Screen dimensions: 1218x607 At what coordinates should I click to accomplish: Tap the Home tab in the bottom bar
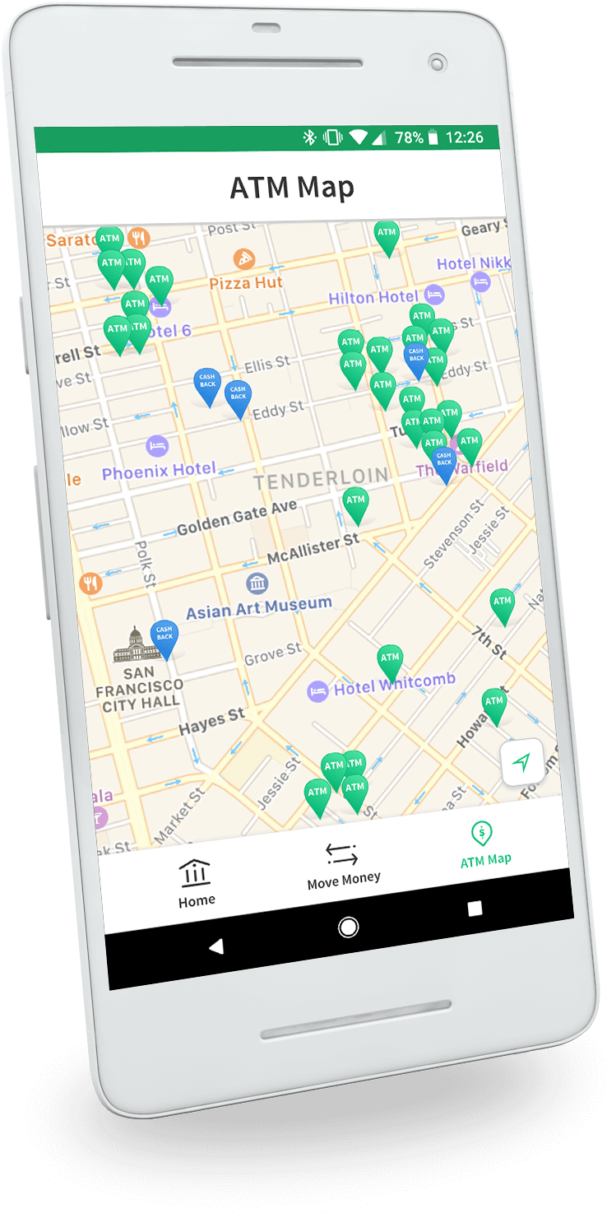(x=196, y=882)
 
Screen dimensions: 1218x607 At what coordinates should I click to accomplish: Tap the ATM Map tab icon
(x=482, y=834)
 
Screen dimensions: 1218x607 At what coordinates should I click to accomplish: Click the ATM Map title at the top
(x=292, y=188)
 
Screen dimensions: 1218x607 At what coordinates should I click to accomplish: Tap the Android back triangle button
(x=215, y=947)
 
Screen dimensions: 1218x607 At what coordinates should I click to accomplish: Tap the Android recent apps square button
(x=475, y=909)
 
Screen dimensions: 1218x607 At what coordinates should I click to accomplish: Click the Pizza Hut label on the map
(x=245, y=282)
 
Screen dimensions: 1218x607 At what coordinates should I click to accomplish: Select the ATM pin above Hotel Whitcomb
(x=390, y=661)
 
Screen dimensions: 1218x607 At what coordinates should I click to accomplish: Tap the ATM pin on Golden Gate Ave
(x=355, y=502)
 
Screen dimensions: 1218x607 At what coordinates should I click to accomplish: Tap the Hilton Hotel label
(x=374, y=297)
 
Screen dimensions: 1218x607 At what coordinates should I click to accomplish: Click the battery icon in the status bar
(x=433, y=138)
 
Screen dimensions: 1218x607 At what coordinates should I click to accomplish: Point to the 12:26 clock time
(x=465, y=137)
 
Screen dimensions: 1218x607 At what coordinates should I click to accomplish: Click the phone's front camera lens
(x=438, y=63)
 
